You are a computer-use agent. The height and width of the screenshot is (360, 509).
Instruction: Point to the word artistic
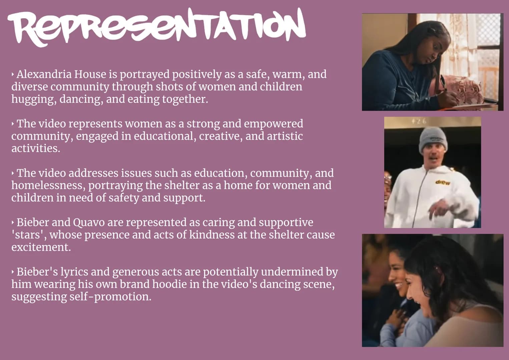[x=285, y=136]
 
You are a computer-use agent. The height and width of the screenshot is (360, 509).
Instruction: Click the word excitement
[x=41, y=247]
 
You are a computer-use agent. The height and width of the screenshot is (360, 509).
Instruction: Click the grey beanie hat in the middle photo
[x=433, y=139]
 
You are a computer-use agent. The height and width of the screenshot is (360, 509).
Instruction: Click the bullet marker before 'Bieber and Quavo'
[x=13, y=223]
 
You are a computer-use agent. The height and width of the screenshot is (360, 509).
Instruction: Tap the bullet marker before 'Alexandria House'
[x=13, y=74]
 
